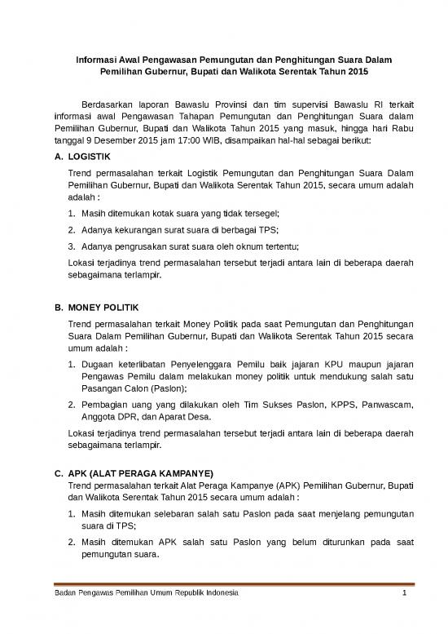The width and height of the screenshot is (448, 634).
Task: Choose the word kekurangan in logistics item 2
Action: (x=143, y=228)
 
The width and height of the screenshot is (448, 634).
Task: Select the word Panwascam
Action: (x=376, y=403)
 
